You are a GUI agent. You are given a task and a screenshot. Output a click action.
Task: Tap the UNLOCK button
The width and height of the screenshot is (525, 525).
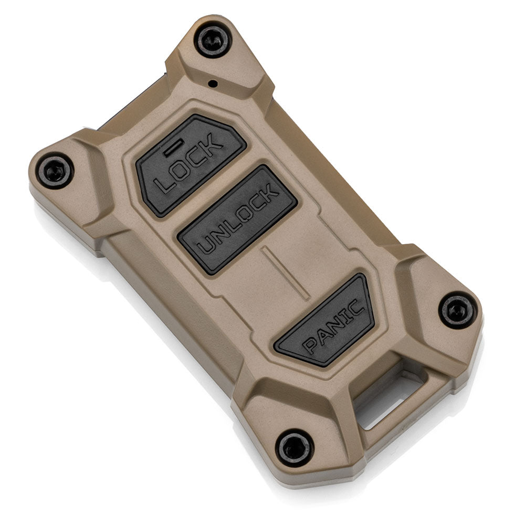pyautogui.click(x=237, y=219)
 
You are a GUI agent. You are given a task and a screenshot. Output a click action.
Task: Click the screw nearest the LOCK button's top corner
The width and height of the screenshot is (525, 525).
pyautogui.click(x=213, y=41)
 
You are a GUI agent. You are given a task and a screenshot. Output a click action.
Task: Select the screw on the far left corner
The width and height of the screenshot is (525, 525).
pyautogui.click(x=55, y=171)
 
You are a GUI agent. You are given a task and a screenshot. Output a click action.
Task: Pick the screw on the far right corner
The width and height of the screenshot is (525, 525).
pyautogui.click(x=457, y=310)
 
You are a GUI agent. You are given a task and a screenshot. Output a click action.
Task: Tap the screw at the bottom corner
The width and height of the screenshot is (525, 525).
pyautogui.click(x=295, y=448)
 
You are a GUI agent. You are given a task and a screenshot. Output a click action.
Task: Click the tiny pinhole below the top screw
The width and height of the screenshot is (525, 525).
pyautogui.click(x=213, y=83)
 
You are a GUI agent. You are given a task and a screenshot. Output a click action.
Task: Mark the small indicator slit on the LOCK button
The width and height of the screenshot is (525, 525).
pyautogui.click(x=173, y=149)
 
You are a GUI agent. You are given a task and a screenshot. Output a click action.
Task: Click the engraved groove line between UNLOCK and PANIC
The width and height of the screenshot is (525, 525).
pyautogui.click(x=285, y=272)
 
